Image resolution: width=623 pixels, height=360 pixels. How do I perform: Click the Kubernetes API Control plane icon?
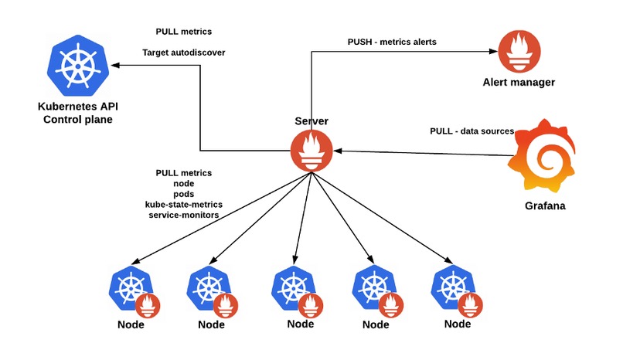point(77,64)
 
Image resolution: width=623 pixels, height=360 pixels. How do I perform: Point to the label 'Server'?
point(311,121)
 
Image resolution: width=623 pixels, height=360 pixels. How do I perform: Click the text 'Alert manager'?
point(518,82)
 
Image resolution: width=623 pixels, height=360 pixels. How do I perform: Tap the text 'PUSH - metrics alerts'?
point(392,42)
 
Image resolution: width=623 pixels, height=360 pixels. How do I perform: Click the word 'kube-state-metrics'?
point(183,204)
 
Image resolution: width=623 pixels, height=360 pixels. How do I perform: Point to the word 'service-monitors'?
point(183,214)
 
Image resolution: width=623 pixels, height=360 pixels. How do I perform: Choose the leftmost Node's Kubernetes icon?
point(128,288)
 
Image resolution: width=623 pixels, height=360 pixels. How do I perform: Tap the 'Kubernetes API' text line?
point(76,107)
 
